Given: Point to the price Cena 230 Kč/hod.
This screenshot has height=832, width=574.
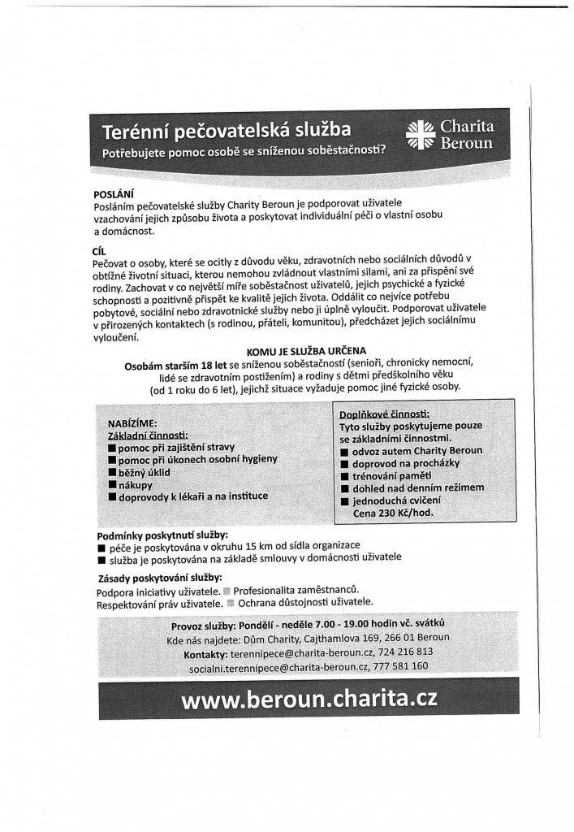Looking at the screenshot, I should (393, 513).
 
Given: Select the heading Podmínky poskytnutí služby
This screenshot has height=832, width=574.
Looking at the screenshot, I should (162, 535).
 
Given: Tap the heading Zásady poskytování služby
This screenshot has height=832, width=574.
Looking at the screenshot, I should (159, 577).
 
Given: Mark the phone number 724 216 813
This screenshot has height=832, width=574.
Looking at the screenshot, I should (405, 652).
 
